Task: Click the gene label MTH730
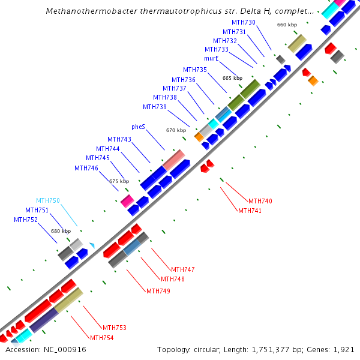tap(244, 22)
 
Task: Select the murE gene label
tap(211, 59)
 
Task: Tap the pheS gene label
tap(138, 127)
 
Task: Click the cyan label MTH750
tap(48, 200)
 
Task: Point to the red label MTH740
tap(260, 201)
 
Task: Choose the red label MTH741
tap(250, 211)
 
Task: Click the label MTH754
tap(102, 338)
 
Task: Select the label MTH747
tap(183, 269)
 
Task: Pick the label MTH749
tap(158, 291)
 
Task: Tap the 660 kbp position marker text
tap(287, 25)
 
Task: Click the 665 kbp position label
tap(232, 78)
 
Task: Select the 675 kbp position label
tap(119, 181)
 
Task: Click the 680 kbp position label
tap(61, 231)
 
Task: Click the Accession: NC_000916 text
tap(46, 349)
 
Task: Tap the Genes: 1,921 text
tap(334, 349)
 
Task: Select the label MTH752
tap(26, 220)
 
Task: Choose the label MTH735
tap(195, 70)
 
